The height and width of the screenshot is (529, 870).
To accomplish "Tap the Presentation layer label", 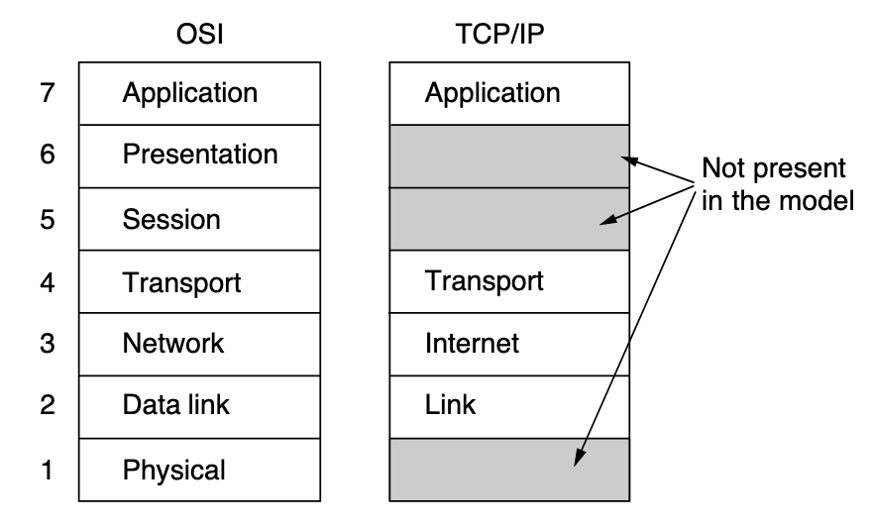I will point(200,156).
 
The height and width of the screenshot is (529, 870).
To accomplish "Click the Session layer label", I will point(171,219).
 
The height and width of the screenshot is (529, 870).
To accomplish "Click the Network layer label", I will point(173,344).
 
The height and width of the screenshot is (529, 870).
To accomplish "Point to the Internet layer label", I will point(472,344).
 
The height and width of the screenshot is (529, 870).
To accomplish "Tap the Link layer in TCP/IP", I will point(451,405).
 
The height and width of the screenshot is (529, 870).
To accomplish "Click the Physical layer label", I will point(173,470).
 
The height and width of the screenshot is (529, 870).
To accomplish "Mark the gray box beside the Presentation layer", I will point(508,156).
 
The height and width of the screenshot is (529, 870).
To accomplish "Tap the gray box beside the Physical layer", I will point(508,470).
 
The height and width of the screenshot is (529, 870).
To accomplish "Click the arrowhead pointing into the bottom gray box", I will point(579,459).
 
